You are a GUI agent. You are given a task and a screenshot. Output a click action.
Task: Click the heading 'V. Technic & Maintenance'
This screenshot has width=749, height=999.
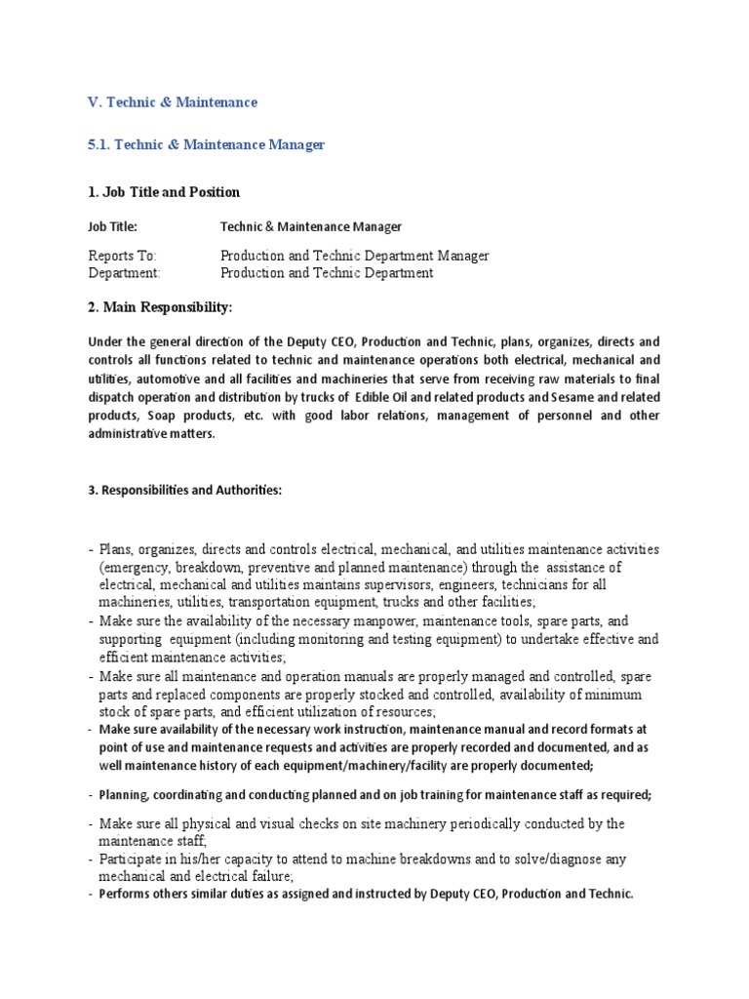coord(173,101)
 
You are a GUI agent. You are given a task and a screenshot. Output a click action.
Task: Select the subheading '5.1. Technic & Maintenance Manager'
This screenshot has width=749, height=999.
coord(206,144)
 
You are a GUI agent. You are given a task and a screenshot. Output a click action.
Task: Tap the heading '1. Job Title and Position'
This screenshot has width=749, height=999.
coord(164,191)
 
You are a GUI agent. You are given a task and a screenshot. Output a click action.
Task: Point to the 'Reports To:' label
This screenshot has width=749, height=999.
coord(122,256)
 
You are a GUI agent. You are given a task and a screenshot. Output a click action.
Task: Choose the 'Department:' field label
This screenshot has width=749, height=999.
coord(124,273)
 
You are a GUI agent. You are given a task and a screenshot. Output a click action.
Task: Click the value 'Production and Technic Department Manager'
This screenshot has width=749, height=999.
coord(355,256)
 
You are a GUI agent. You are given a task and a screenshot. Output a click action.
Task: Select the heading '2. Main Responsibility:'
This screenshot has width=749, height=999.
coord(161,307)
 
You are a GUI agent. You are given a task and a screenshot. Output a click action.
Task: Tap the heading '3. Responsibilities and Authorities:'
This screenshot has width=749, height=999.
coord(184,490)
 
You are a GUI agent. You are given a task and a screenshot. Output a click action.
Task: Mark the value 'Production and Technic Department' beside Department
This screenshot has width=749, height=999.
coord(327,273)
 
